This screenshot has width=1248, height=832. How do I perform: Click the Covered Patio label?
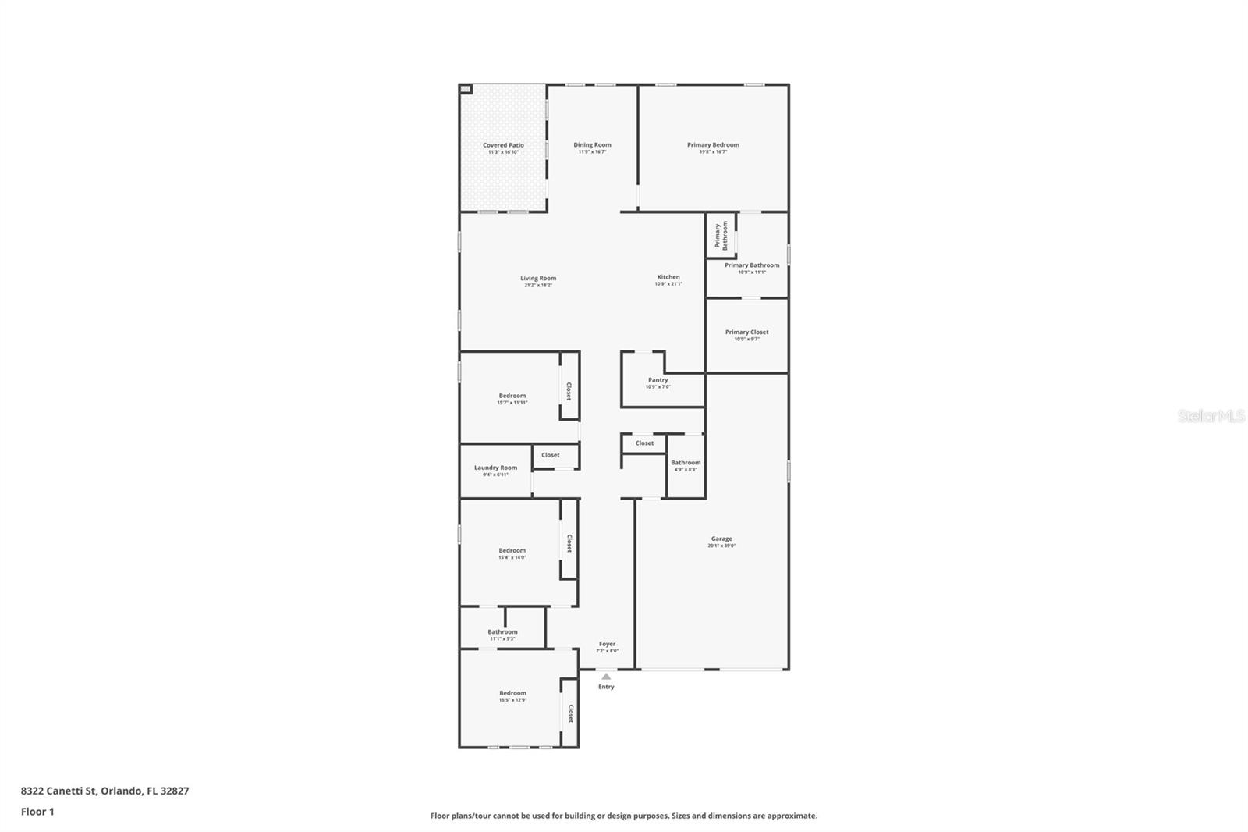tap(503, 145)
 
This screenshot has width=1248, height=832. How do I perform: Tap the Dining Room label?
tap(592, 144)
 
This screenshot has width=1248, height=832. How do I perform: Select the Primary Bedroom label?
tap(713, 144)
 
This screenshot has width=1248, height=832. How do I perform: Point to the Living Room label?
tap(538, 278)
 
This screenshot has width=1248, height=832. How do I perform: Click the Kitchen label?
tap(668, 277)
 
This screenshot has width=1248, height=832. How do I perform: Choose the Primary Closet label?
tap(746, 332)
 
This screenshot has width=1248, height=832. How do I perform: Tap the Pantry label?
tap(658, 380)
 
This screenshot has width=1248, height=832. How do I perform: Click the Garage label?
tap(721, 539)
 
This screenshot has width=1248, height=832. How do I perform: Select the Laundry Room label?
tap(495, 468)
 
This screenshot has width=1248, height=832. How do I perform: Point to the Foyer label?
tap(607, 644)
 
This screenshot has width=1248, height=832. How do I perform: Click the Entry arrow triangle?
tap(606, 677)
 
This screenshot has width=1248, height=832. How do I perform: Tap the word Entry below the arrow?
tap(606, 687)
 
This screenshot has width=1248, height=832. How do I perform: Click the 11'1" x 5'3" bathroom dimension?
tap(502, 639)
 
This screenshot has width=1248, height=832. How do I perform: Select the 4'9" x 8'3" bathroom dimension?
tap(686, 470)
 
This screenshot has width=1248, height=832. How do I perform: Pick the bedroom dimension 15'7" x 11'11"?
tap(512, 403)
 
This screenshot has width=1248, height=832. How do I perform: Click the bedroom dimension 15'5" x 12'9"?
tap(512, 700)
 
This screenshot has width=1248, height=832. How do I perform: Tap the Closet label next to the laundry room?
tap(551, 455)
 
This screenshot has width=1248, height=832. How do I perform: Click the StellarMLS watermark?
tap(1211, 417)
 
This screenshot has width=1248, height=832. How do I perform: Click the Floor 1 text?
tap(37, 812)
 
